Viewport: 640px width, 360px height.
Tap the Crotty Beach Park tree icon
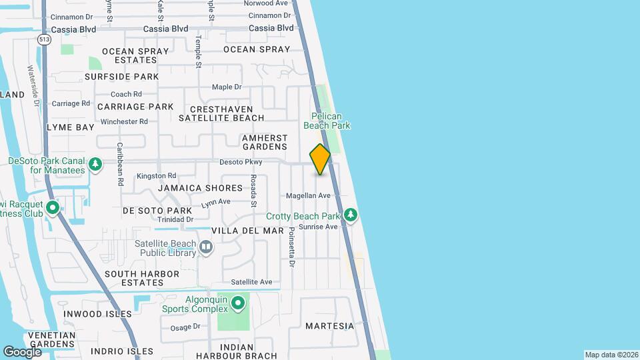pos(351,215)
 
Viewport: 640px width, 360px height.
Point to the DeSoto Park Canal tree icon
pos(95,164)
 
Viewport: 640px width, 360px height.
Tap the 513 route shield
pos(45,39)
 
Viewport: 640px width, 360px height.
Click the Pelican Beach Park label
pos(327,120)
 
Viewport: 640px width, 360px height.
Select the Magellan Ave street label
pos(308,195)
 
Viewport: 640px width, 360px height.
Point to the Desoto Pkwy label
pos(241,162)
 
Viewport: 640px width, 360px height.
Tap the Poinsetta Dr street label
pos(291,247)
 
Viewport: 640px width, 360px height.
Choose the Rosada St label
pos(253,189)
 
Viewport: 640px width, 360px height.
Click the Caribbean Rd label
pos(121,163)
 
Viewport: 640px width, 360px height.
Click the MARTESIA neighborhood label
pos(329,326)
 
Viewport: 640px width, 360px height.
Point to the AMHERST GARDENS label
pos(265,141)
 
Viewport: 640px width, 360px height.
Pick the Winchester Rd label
pos(124,121)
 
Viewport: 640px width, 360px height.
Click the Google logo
pos(22,351)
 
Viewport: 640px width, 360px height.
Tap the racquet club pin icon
pos(53,209)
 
